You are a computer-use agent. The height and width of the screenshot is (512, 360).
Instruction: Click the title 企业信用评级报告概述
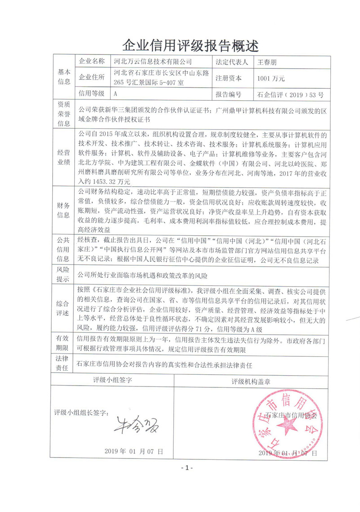(x=191, y=45)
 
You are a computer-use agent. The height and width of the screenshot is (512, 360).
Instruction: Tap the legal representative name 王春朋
(x=269, y=62)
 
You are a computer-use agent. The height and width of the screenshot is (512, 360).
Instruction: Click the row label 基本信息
(x=64, y=77)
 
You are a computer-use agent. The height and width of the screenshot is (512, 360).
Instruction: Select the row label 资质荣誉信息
(x=64, y=115)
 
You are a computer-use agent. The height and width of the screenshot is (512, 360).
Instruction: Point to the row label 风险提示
(x=64, y=274)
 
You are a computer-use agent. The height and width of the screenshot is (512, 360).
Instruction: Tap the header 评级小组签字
(x=112, y=381)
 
